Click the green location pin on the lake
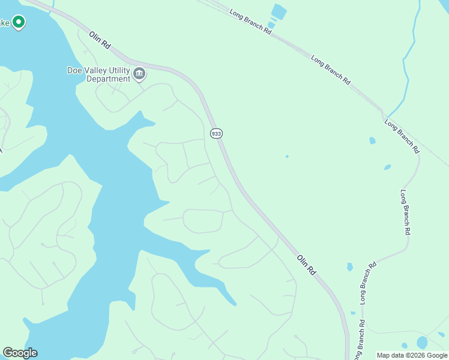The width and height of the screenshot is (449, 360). [19, 23]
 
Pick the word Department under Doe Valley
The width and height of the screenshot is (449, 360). [108, 79]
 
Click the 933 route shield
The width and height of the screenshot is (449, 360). [217, 133]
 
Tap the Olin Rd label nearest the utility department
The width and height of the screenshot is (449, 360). [100, 41]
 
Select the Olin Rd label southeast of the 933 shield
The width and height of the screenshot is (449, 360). [306, 265]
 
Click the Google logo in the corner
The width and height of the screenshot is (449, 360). [20, 353]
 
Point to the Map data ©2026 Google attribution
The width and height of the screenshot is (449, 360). [412, 356]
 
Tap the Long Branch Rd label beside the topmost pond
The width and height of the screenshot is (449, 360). [250, 20]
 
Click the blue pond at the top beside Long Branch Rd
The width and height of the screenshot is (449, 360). [279, 11]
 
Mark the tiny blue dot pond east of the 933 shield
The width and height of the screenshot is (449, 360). [287, 157]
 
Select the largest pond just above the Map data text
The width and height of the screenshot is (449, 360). [422, 343]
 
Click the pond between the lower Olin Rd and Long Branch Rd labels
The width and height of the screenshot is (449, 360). [349, 266]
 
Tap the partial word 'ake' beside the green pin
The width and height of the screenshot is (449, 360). [5, 23]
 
